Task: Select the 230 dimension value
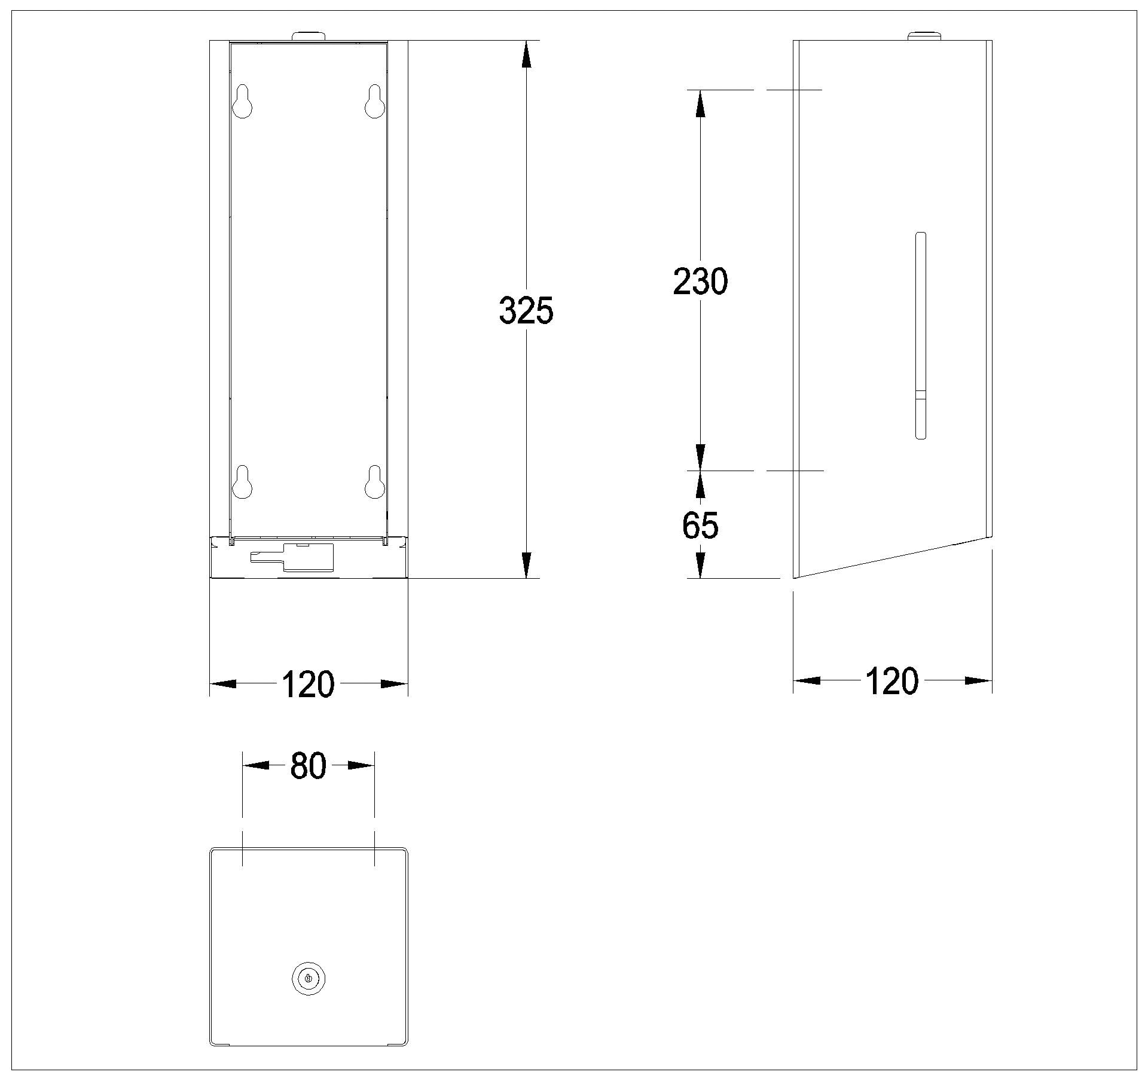[x=700, y=282]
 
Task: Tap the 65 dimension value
[x=700, y=526]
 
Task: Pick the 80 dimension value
[x=308, y=766]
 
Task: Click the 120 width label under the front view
[x=308, y=684]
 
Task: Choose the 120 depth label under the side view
[x=891, y=681]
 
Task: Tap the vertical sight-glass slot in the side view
[x=921, y=335]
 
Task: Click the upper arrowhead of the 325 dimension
[x=526, y=54]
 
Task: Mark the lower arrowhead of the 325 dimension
[x=526, y=565]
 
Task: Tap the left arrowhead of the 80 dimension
[x=255, y=765]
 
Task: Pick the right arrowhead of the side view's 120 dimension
[x=979, y=680]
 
